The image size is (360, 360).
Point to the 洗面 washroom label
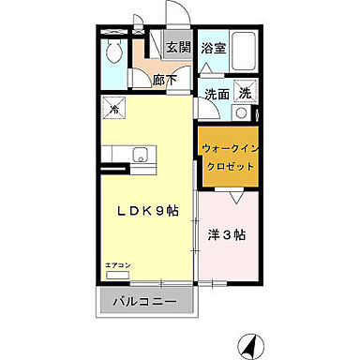tap(217, 93)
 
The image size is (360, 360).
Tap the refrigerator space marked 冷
tap(113, 109)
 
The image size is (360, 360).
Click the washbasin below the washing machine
tap(242, 112)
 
